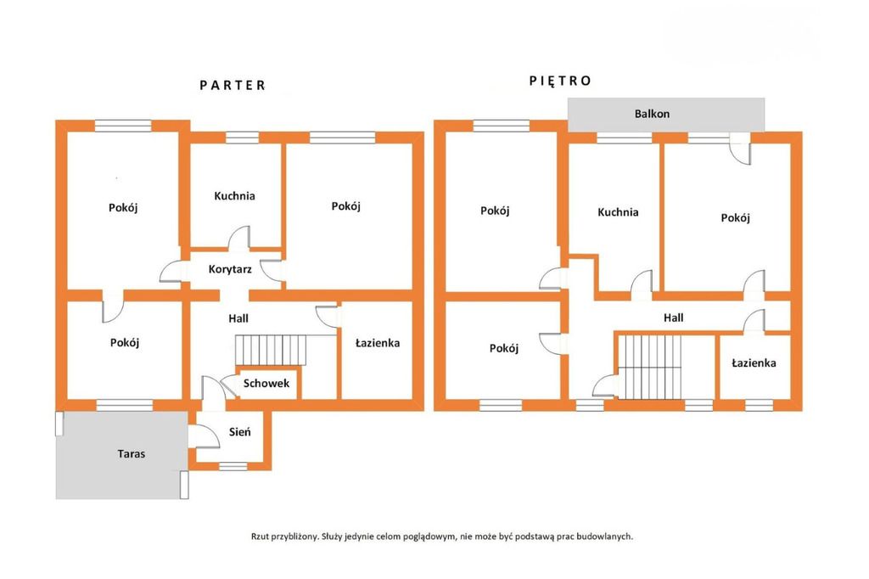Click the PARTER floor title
pyautogui.click(x=233, y=86)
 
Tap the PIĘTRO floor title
pyautogui.click(x=560, y=81)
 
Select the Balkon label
pyautogui.click(x=652, y=114)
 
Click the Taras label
pyautogui.click(x=132, y=453)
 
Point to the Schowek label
pyautogui.click(x=266, y=383)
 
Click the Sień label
pyautogui.click(x=239, y=431)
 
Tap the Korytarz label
pyautogui.click(x=230, y=269)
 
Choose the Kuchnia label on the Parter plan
pyautogui.click(x=234, y=196)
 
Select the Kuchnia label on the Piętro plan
pyautogui.click(x=618, y=212)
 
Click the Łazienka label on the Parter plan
pyautogui.click(x=378, y=343)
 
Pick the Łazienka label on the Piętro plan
pyautogui.click(x=754, y=363)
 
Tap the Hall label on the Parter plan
pyautogui.click(x=238, y=318)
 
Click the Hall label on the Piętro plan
pyautogui.click(x=673, y=318)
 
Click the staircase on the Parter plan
pyautogui.click(x=271, y=350)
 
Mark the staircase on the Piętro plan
pyautogui.click(x=649, y=367)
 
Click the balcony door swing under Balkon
pyautogui.click(x=740, y=149)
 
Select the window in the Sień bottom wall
pyautogui.click(x=233, y=466)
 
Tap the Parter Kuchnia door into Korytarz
pyautogui.click(x=238, y=238)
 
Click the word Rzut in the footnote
pyautogui.click(x=261, y=537)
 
